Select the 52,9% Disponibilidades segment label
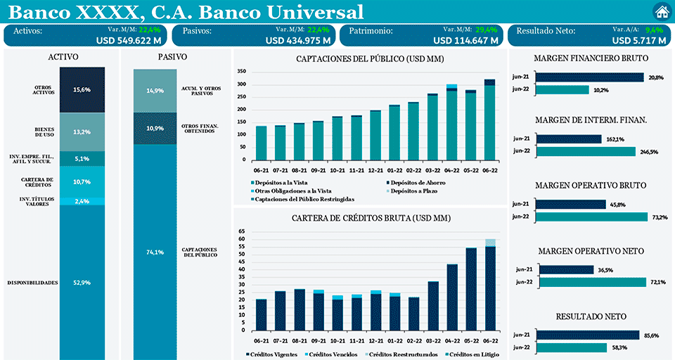coord(82,283)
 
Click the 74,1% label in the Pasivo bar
coord(155,252)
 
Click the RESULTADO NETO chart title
coord(591,317)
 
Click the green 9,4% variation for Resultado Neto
coord(654,30)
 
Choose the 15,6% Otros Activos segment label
coord(82,90)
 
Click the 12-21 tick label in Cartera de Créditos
coord(375,338)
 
